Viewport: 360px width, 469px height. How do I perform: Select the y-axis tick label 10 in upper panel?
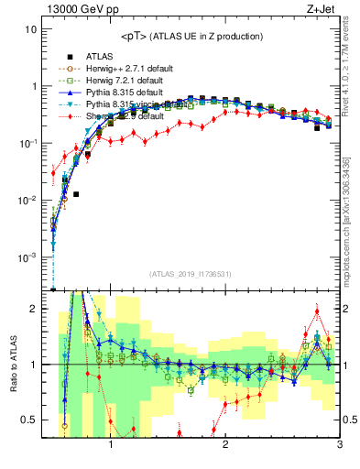click(x=31, y=29)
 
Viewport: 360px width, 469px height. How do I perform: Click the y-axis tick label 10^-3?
click(x=27, y=257)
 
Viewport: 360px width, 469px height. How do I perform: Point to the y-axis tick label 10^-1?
click(x=27, y=144)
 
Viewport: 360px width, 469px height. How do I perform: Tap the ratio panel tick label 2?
click(x=34, y=309)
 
